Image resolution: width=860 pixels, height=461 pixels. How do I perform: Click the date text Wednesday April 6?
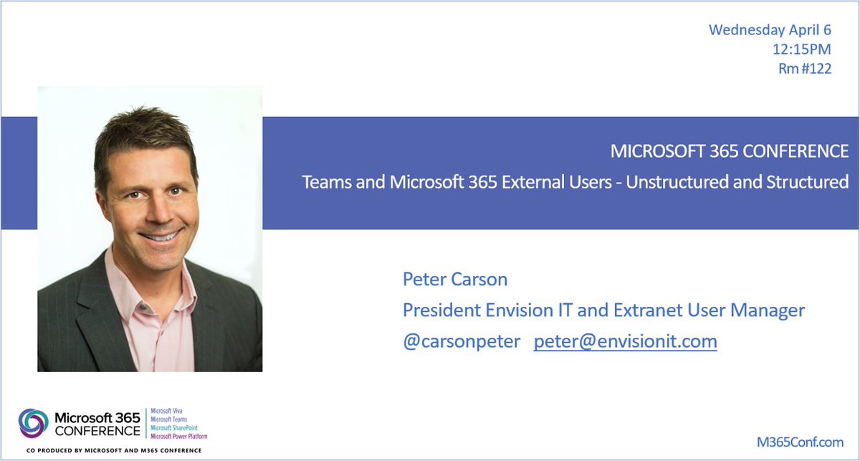pos(770,30)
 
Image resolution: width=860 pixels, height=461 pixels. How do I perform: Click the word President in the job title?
pos(436,310)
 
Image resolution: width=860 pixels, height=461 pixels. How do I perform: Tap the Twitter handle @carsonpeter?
pos(462,341)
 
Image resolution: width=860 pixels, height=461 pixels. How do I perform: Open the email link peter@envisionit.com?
pos(625,341)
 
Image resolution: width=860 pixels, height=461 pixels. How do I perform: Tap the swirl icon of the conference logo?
pos(34,423)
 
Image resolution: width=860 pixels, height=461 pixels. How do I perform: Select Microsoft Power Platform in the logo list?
pos(179,436)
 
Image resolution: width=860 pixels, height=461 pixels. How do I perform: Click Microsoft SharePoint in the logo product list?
pos(174,428)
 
